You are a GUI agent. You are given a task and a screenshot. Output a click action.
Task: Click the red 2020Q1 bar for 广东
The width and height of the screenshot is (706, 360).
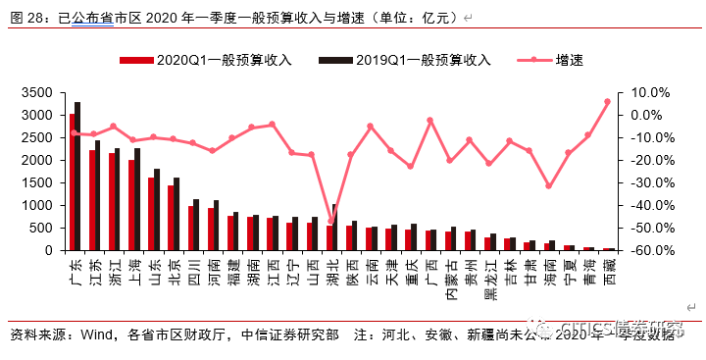click(73, 182)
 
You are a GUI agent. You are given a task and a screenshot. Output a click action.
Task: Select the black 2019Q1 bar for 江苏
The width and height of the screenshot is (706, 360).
click(97, 195)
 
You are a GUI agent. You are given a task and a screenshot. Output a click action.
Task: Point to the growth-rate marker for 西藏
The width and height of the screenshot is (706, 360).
click(607, 101)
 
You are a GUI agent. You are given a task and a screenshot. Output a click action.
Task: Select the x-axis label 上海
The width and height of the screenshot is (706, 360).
click(133, 270)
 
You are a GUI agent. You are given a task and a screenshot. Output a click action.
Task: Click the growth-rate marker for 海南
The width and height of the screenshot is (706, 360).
click(548, 186)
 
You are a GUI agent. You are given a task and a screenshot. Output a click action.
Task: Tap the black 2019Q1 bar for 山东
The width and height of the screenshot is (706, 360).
click(157, 210)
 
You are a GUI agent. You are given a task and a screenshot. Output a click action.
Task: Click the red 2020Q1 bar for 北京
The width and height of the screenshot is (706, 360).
click(171, 218)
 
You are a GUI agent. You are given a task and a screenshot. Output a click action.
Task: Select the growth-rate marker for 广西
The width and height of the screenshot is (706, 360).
click(429, 120)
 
